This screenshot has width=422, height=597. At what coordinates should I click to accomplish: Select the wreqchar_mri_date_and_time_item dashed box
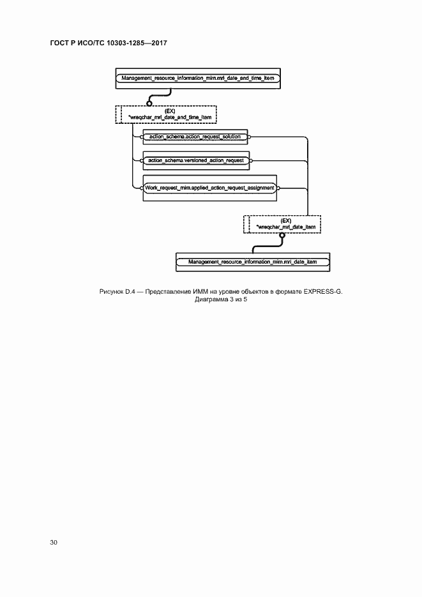(x=166, y=114)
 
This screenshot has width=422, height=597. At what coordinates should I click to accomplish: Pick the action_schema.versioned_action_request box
(x=196, y=160)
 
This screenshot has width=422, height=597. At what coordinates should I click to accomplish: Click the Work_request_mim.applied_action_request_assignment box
(x=210, y=188)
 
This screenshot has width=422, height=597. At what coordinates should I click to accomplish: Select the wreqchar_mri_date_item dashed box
(x=282, y=223)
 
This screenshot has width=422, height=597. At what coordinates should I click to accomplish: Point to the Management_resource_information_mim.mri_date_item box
(x=253, y=262)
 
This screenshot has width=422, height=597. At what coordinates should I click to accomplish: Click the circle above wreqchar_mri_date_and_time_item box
(x=149, y=102)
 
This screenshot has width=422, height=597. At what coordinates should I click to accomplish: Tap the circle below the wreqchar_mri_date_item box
(x=282, y=236)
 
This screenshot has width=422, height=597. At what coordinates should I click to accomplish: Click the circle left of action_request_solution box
(x=142, y=137)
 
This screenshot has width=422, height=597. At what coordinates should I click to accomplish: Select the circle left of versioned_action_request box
(x=142, y=160)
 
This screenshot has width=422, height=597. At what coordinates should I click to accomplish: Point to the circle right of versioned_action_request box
(x=250, y=160)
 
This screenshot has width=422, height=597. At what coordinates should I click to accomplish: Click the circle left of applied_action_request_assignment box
(x=142, y=188)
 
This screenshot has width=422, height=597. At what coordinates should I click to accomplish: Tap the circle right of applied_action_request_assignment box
(x=278, y=188)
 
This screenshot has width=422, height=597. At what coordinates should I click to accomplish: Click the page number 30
(x=54, y=542)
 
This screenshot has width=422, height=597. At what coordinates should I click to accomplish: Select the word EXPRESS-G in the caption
(x=322, y=292)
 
